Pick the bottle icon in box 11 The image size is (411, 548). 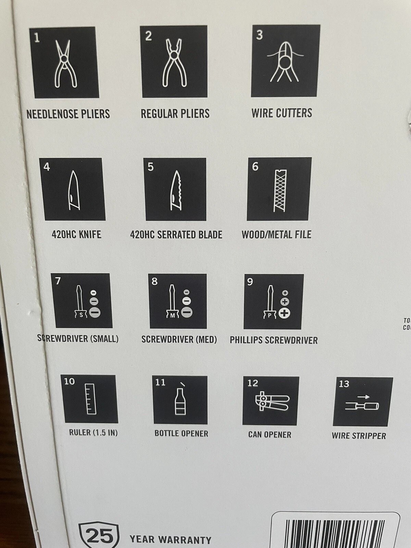click(x=180, y=402)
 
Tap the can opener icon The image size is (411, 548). click(x=272, y=401)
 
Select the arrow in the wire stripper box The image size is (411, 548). click(x=363, y=397)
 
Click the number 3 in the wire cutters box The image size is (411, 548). click(x=260, y=35)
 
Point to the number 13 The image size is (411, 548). click(x=344, y=384)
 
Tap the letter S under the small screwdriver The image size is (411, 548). click(x=81, y=315)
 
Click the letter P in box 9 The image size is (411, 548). click(x=270, y=315)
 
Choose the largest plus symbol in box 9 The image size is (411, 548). click(x=284, y=313)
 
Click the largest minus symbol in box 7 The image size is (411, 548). click(x=95, y=312)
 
